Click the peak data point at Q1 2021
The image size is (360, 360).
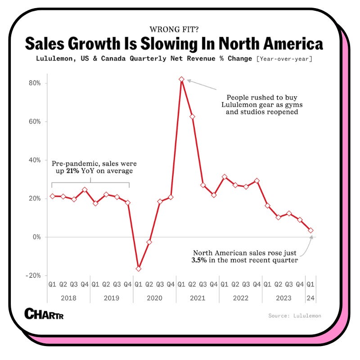181,79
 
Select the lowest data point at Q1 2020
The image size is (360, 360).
139,269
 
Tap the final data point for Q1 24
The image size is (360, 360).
310,230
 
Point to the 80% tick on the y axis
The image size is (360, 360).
36,83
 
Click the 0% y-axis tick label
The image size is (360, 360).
37,237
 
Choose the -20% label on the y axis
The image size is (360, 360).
35,275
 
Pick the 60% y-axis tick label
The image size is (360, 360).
36,122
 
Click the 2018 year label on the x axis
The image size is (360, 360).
68,298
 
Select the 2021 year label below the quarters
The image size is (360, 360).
198,298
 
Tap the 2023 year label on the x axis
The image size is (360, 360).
283,298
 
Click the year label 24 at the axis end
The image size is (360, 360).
310,298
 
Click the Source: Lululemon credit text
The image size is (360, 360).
295,316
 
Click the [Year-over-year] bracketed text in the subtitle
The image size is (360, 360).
285,59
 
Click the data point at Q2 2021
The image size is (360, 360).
192,117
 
